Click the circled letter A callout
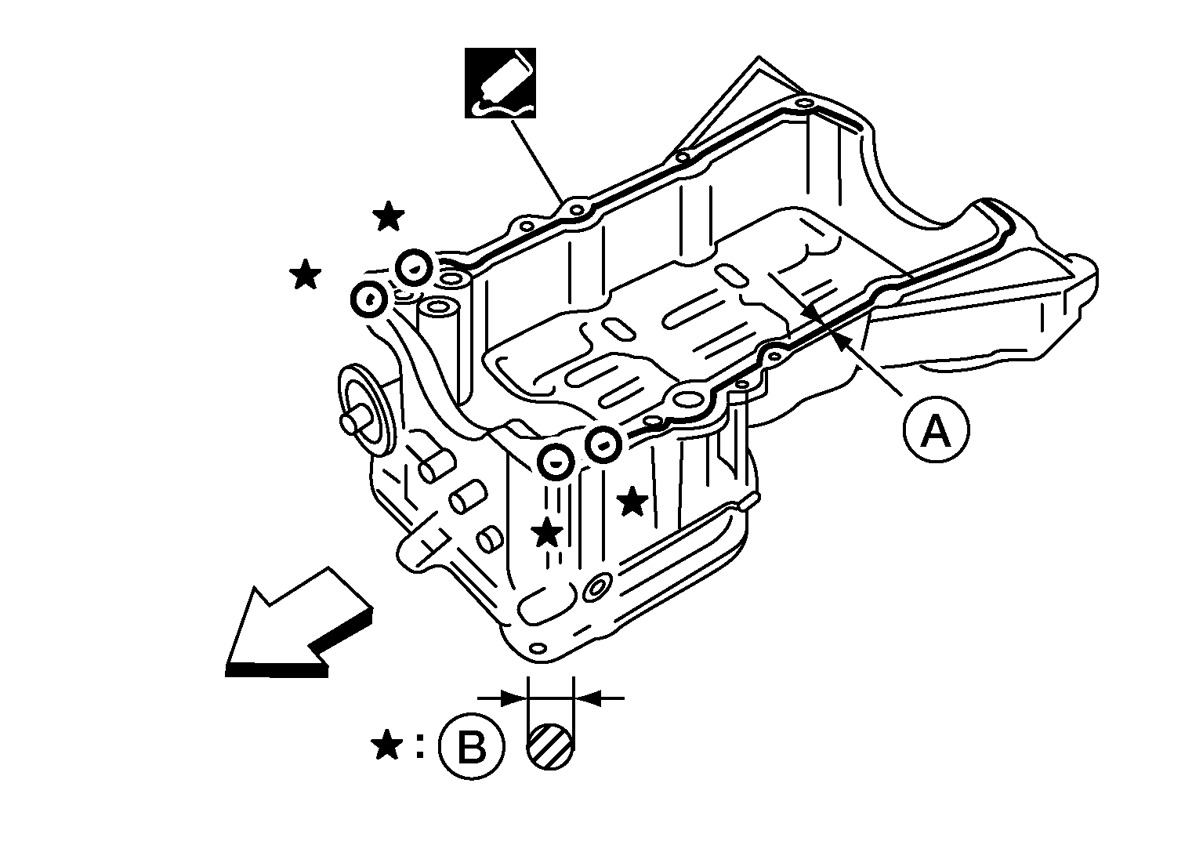(936, 430)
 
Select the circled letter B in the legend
(472, 747)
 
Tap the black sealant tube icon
(501, 83)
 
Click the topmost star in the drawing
(388, 216)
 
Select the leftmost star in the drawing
(305, 274)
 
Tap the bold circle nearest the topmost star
(414, 268)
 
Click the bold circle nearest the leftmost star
(369, 299)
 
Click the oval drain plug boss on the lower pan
(596, 588)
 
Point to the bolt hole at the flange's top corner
(804, 103)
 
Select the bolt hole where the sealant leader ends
(576, 209)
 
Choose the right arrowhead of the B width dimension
(588, 698)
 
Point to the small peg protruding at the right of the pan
(750, 501)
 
